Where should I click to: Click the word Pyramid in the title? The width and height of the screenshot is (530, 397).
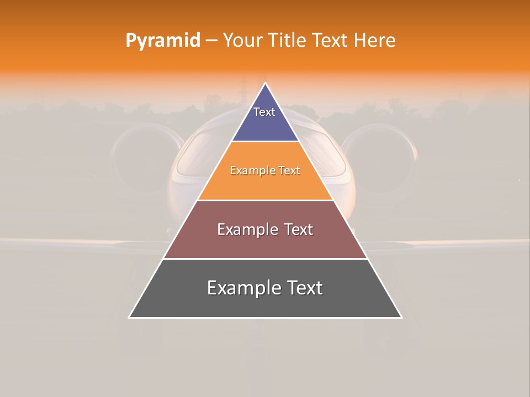point(163,41)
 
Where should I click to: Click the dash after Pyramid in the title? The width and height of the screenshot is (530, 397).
point(211,41)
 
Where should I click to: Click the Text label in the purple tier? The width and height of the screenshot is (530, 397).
point(264,112)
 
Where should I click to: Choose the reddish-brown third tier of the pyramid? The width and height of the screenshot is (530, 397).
point(265,243)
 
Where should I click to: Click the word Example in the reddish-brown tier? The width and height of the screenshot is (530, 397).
point(245,229)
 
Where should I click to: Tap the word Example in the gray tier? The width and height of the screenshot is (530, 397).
point(241,288)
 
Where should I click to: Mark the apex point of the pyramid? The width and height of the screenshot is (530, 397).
point(265,83)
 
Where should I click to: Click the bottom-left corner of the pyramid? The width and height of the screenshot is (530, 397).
point(129,318)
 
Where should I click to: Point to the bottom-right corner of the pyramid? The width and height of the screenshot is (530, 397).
point(401,318)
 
